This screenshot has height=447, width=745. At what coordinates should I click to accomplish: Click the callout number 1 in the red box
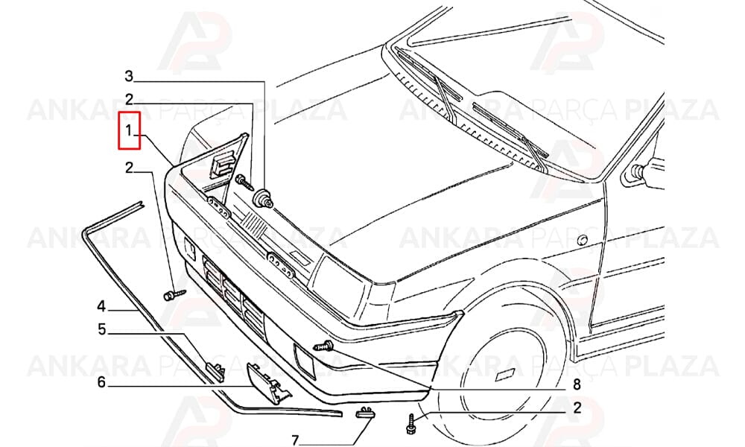pos(128,129)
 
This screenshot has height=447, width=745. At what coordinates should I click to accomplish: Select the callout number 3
pos(129,76)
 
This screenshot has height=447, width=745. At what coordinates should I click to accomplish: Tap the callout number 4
pos(101,306)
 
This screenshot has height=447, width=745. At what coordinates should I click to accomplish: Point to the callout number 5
pos(101,329)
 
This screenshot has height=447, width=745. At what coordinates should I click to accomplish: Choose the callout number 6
pos(101,382)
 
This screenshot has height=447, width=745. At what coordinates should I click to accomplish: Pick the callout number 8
pos(577,384)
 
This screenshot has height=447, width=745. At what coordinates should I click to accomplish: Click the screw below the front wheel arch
pos(411,424)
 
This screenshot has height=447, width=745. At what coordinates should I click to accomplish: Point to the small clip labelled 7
pos(365,412)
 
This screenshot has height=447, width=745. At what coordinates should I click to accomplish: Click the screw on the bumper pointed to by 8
pos(323,346)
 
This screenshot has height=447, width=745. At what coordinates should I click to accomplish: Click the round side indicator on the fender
pos(583,239)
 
